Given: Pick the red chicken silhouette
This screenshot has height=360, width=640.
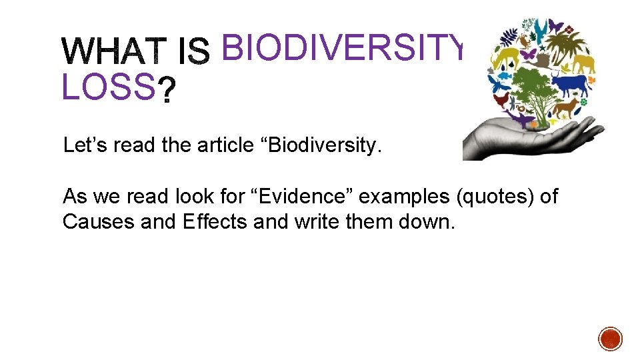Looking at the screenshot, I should click(x=502, y=101).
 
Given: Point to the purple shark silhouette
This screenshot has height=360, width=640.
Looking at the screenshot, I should click(x=521, y=119).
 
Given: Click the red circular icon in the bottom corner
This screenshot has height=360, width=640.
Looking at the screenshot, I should click(x=610, y=339).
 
